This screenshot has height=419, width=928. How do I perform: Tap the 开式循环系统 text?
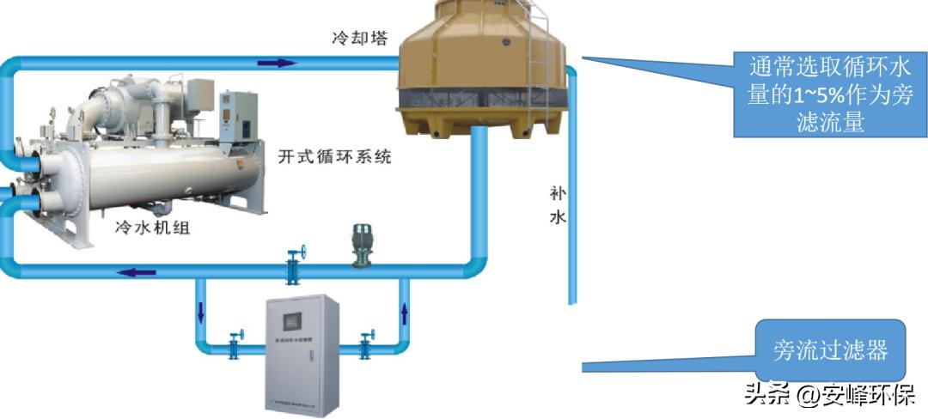[335, 157]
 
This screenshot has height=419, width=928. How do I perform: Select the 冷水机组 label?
[151, 228]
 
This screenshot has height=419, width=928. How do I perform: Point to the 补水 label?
[558, 204]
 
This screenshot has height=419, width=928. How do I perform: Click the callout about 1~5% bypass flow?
[829, 94]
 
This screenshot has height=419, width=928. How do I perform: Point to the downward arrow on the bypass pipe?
[201, 312]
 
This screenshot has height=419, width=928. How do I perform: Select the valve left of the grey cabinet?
[233, 344]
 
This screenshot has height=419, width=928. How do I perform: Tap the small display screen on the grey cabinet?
[290, 319]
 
